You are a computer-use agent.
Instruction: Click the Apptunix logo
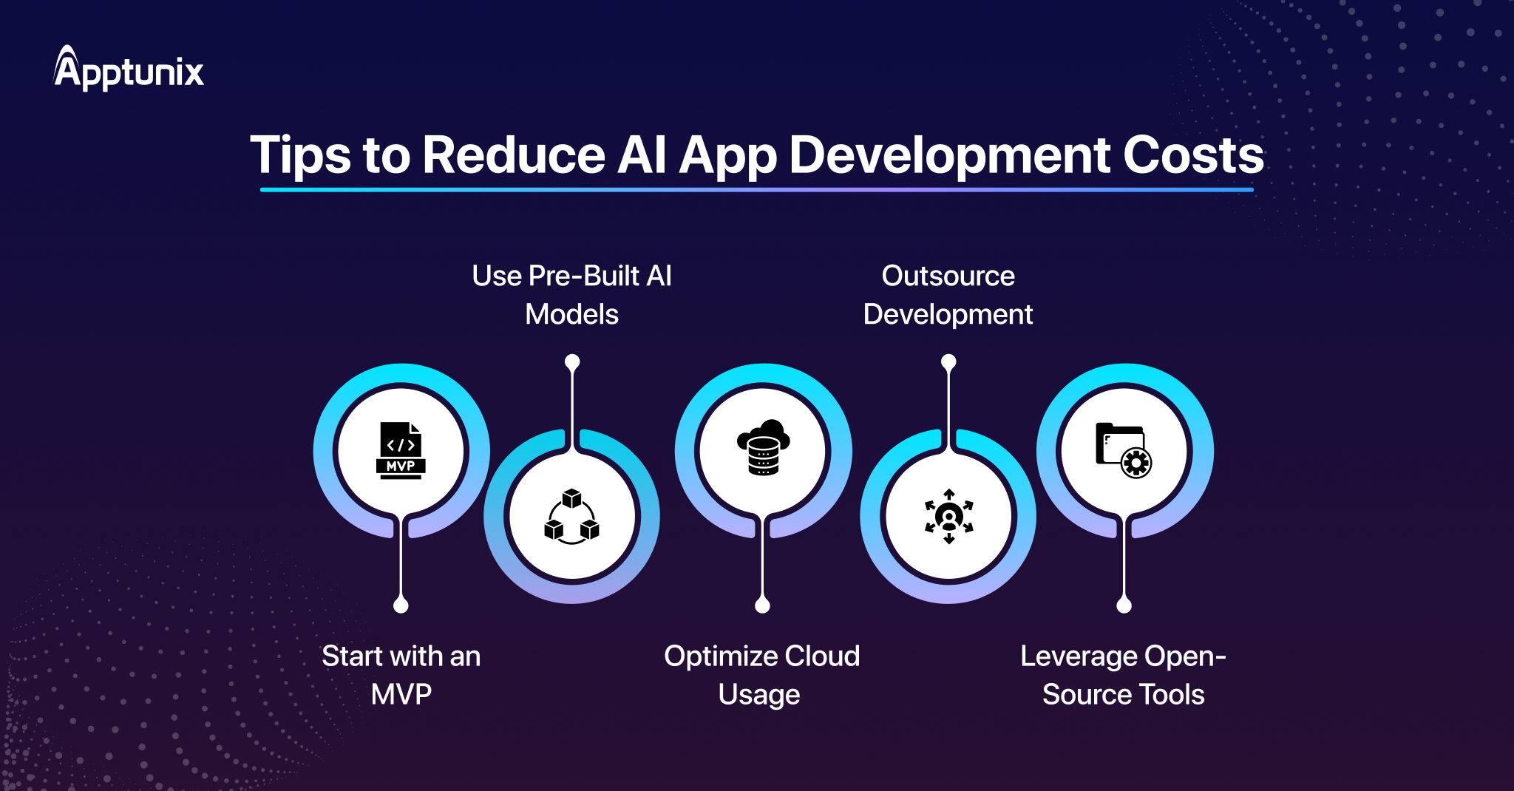coord(129,69)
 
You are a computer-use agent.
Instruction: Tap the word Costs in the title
coord(1193,155)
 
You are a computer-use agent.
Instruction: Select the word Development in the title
coord(948,157)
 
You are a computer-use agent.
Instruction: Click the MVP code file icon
coord(401,450)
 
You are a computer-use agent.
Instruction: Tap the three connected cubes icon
coord(571,516)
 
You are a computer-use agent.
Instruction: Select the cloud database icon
coord(763,447)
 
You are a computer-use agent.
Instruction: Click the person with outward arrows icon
coord(948,516)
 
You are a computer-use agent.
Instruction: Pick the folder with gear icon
coord(1124,450)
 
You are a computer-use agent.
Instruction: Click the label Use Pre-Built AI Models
coord(571,295)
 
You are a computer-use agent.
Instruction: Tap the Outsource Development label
coord(948,295)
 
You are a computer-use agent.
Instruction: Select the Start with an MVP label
coord(401,675)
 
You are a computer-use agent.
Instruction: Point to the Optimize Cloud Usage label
coord(761,675)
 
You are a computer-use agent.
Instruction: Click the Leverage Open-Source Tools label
coord(1123,675)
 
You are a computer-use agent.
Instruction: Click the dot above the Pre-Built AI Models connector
coord(572,361)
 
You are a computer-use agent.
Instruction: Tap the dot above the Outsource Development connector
coord(948,361)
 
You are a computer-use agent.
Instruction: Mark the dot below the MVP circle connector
coord(401,605)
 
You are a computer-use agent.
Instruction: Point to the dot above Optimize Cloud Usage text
coord(762,605)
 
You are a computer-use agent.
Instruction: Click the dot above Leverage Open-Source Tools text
coord(1124,605)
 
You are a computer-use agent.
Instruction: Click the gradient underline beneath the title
coord(756,190)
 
